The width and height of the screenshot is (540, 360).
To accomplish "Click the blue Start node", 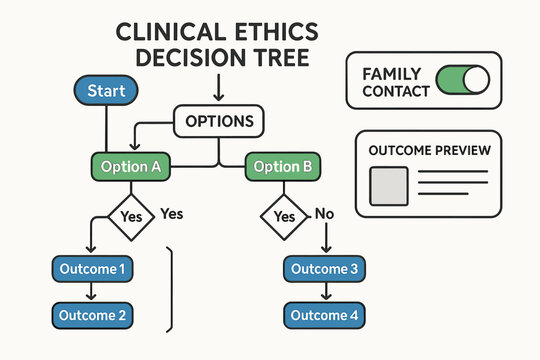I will pyautogui.click(x=106, y=91).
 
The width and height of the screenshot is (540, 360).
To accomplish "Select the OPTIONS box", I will pyautogui.click(x=220, y=123).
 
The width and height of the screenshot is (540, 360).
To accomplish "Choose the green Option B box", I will pyautogui.click(x=283, y=166).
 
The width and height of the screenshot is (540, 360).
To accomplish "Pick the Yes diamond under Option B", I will pyautogui.click(x=285, y=215).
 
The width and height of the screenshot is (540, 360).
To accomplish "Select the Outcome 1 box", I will pyautogui.click(x=93, y=269).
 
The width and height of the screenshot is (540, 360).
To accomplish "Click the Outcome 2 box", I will pyautogui.click(x=93, y=315).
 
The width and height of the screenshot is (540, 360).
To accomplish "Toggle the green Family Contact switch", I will pyautogui.click(x=464, y=80).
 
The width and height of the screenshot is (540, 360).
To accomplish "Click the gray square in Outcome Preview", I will pyautogui.click(x=389, y=186).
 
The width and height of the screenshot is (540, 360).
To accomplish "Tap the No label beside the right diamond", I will pyautogui.click(x=324, y=213).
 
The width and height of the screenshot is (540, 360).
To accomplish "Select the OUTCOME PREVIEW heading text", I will pyautogui.click(x=429, y=150).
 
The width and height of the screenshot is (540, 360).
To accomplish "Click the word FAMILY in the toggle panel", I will pyautogui.click(x=392, y=73).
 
